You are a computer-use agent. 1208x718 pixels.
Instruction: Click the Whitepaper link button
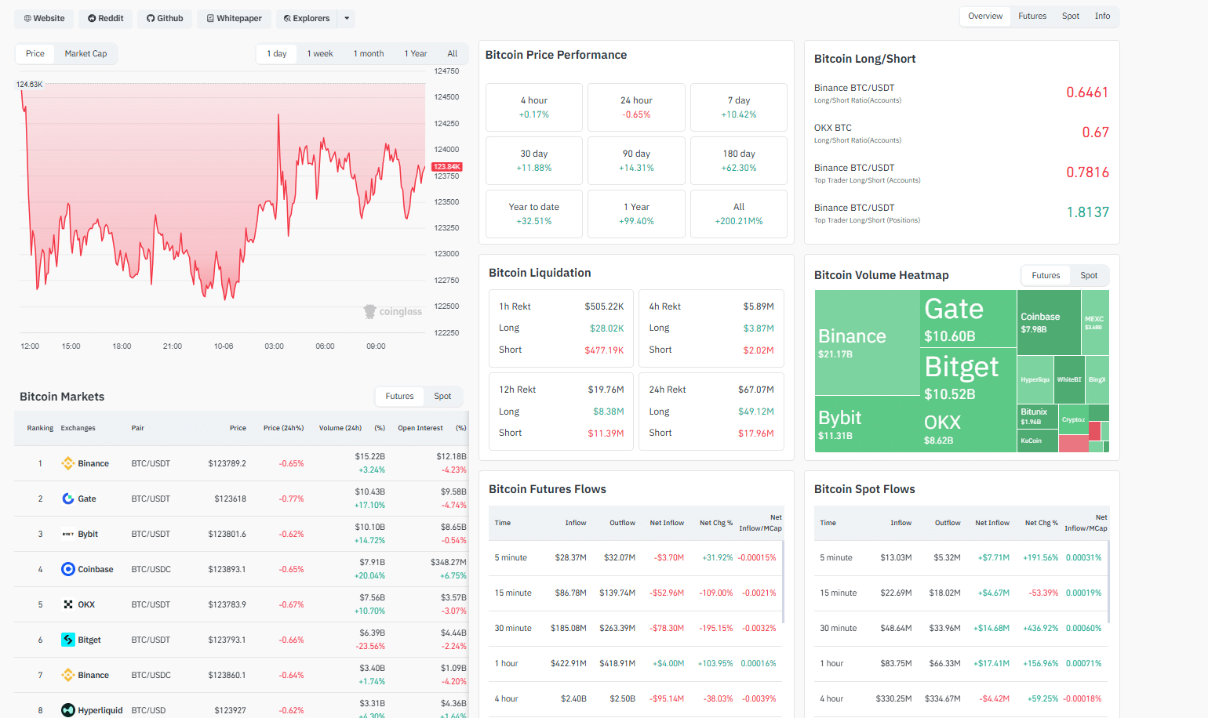tap(234, 18)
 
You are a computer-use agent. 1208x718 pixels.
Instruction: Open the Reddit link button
tap(106, 18)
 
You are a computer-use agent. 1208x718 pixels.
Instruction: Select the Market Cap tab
tap(86, 53)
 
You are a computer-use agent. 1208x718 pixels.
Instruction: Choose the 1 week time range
tap(320, 53)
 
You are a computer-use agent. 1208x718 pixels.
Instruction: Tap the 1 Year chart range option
tap(416, 53)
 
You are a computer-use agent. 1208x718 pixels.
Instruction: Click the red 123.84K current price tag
tap(447, 167)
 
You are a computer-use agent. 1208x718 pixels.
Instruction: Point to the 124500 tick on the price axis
tap(446, 97)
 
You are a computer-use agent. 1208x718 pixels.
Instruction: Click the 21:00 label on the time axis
tap(173, 346)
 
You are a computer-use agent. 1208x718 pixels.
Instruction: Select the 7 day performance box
tap(738, 107)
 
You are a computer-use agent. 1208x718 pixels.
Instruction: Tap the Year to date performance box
tap(534, 214)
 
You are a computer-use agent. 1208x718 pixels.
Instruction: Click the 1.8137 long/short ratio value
tap(1087, 212)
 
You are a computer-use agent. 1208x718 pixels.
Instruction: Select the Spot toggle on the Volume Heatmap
tap(1089, 275)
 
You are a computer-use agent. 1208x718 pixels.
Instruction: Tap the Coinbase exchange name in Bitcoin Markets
tap(95, 569)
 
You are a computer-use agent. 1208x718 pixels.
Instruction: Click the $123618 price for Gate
tap(230, 499)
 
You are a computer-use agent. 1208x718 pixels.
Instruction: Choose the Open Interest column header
tap(420, 428)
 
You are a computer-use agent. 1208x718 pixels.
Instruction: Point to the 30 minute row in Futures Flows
tap(513, 628)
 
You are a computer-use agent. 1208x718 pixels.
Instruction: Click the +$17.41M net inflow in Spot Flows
tap(992, 663)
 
